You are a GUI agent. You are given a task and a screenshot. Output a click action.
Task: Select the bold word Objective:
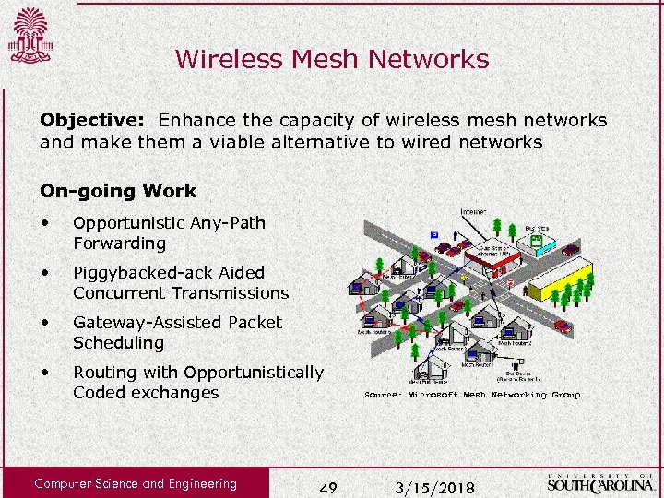click(x=95, y=120)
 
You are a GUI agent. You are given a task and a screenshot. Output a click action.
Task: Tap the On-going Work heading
click(x=118, y=191)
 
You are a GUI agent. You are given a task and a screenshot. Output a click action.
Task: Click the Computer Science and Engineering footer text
click(x=136, y=483)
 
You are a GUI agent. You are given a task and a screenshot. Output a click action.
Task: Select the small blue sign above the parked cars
click(x=434, y=235)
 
